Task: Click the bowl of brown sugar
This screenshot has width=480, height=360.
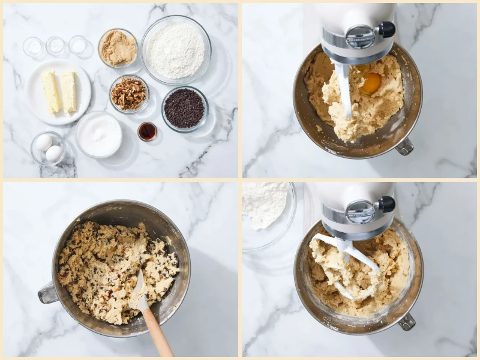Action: click(x=118, y=48)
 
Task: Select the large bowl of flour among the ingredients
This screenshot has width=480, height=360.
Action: click(x=176, y=50)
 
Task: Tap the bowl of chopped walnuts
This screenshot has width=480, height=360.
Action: click(x=129, y=94)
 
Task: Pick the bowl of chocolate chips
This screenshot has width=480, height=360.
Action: click(x=184, y=109)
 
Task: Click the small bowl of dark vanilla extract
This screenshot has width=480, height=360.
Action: click(x=147, y=131)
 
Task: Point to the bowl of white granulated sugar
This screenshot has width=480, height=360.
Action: click(x=99, y=134)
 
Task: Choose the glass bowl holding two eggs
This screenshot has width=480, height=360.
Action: click(x=48, y=148)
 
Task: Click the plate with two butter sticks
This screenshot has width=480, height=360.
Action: click(x=59, y=92)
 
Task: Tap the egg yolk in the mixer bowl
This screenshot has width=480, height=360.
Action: click(x=371, y=83)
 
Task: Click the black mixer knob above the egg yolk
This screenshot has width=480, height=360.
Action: click(x=386, y=29)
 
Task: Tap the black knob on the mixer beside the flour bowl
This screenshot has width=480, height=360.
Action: click(x=386, y=204)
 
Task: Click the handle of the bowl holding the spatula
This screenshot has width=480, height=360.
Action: click(x=48, y=293)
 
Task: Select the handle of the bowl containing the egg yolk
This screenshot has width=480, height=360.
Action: click(x=405, y=146)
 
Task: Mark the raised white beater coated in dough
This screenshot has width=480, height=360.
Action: click(x=348, y=264)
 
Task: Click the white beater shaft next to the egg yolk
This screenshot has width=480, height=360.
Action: click(x=346, y=90)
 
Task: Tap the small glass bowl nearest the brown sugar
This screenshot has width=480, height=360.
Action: click(x=78, y=45)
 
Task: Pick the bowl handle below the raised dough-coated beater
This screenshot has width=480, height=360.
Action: click(x=407, y=322)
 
